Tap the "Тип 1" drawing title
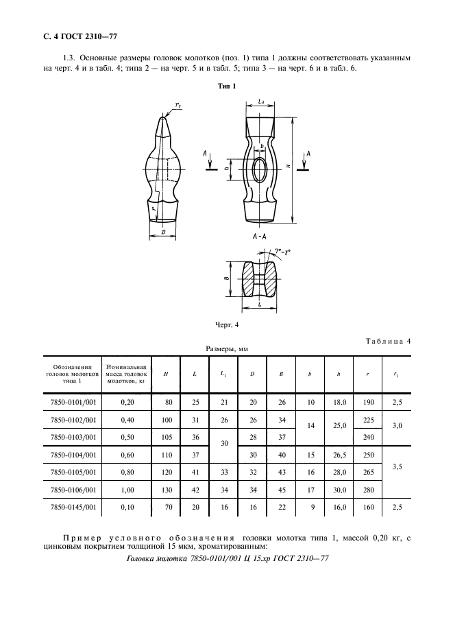click(226, 86)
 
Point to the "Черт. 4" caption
click(226, 324)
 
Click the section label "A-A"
click(260, 237)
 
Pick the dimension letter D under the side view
click(163, 233)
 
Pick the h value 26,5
click(338, 455)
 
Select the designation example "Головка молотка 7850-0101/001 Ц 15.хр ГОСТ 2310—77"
click(228, 559)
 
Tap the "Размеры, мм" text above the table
click(227, 348)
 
